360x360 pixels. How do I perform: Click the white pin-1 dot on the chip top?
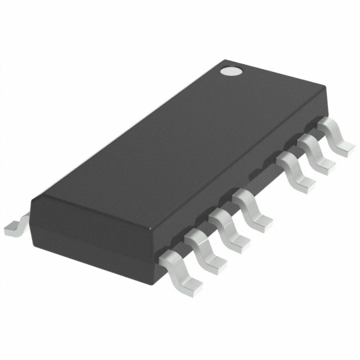(230, 71)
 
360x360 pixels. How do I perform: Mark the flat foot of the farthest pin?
(345, 147)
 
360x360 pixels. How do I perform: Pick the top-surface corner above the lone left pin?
(33, 198)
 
